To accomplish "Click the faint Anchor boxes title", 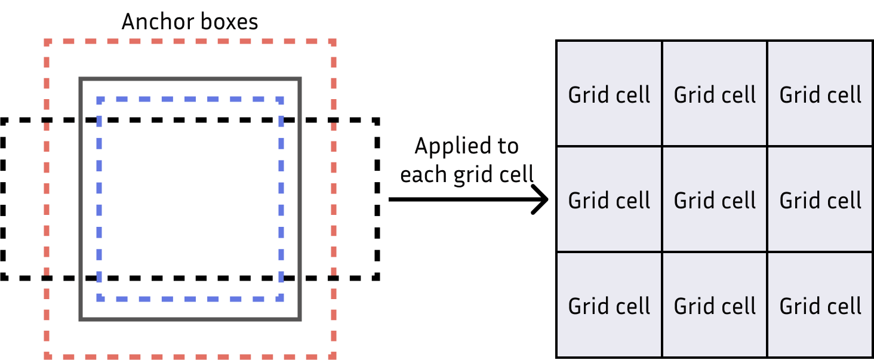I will (x=190, y=22).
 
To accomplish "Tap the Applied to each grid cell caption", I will (x=467, y=160).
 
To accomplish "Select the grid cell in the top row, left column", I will (x=609, y=94).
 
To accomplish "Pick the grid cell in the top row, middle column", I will (x=715, y=94).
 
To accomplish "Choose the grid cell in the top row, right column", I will (x=820, y=94).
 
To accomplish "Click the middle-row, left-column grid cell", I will (x=609, y=199).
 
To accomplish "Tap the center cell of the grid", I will (x=715, y=199).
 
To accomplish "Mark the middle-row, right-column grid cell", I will (x=820, y=199).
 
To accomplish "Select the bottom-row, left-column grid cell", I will (x=609, y=305).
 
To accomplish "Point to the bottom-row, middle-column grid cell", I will (x=715, y=305).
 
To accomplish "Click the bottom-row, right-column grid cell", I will (x=820, y=305).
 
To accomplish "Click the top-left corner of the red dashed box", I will (x=47, y=42).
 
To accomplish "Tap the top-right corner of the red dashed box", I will (x=334, y=42).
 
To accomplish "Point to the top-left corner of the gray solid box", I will (x=81, y=79).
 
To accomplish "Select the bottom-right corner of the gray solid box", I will (x=300, y=319).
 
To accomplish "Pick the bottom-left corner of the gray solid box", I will (x=81, y=319).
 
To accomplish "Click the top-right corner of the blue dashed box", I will (x=281, y=100).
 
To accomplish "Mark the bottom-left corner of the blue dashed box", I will (x=100, y=298).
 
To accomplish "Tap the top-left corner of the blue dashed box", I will (x=100, y=100).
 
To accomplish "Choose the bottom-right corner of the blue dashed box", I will (x=281, y=298).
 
